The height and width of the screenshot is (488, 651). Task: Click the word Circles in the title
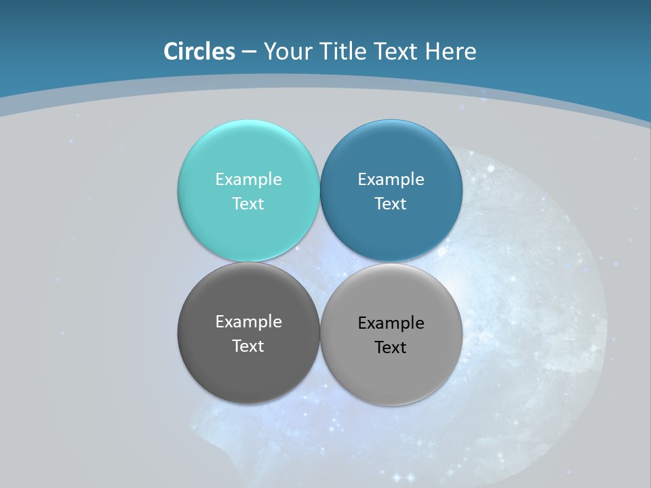click(x=199, y=52)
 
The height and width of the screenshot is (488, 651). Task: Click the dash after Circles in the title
click(x=249, y=52)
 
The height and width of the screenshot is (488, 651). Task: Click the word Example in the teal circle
click(x=248, y=179)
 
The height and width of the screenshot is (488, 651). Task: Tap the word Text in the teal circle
click(x=248, y=203)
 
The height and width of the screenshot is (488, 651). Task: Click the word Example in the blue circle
click(x=391, y=179)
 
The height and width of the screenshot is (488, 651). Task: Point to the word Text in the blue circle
click(x=391, y=203)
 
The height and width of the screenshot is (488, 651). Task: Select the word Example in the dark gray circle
click(x=248, y=321)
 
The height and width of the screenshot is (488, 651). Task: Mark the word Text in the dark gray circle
click(x=248, y=346)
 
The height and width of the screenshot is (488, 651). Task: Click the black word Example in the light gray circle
click(x=391, y=323)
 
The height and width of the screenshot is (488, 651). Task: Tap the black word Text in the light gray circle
click(x=391, y=347)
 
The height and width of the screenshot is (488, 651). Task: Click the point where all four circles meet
click(x=320, y=262)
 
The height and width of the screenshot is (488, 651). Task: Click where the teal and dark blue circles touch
click(x=320, y=190)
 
